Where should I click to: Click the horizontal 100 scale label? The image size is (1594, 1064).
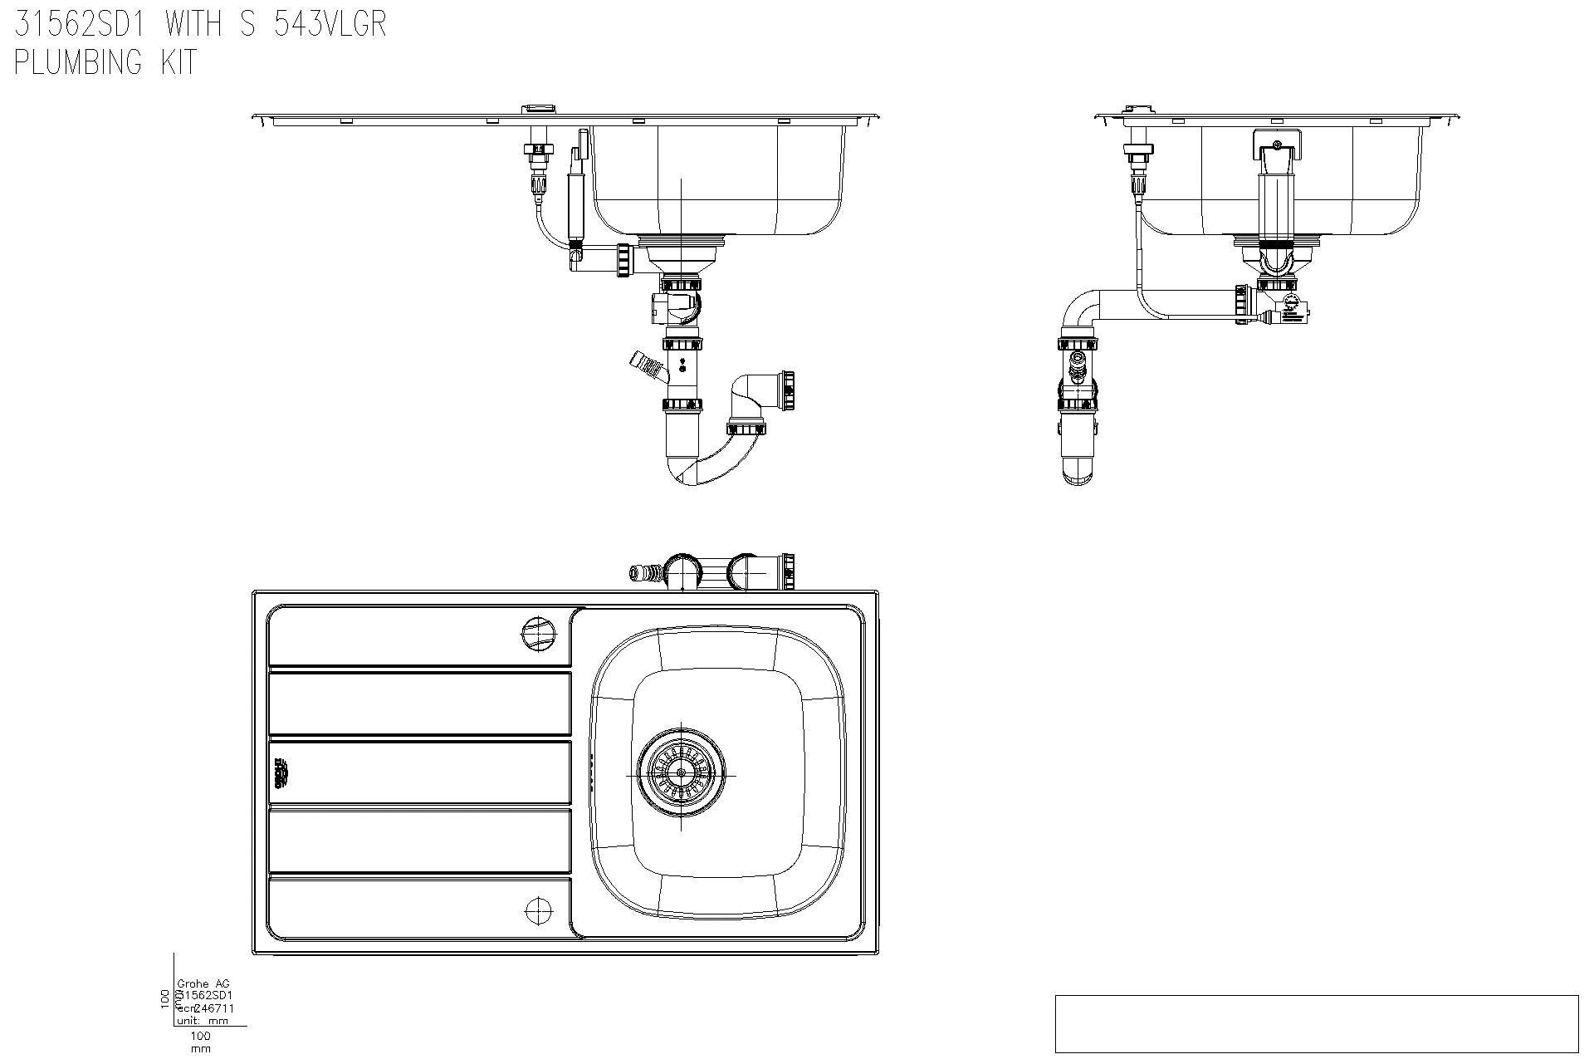pyautogui.click(x=200, y=1036)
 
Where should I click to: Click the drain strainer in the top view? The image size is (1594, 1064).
pyautogui.click(x=681, y=772)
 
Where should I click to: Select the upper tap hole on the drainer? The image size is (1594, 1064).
pyautogui.click(x=538, y=635)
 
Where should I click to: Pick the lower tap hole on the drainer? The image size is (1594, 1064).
pyautogui.click(x=538, y=911)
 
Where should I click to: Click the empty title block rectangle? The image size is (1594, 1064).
pyautogui.click(x=1316, y=1023)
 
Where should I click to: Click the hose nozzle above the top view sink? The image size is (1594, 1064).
pyautogui.click(x=643, y=572)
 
